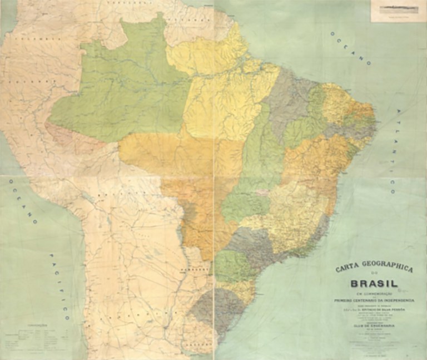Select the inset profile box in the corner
coord(397,11)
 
